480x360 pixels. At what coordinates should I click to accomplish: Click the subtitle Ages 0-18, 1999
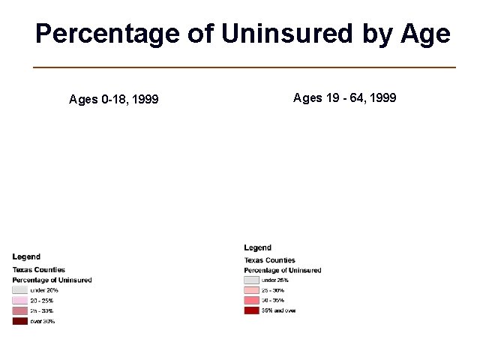click(x=113, y=99)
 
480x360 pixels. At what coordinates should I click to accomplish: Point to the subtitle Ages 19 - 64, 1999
click(x=344, y=97)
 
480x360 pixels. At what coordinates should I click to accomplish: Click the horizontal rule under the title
click(x=244, y=67)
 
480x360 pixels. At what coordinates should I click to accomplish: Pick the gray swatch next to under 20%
click(x=19, y=289)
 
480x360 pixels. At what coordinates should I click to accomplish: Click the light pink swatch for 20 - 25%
click(x=19, y=300)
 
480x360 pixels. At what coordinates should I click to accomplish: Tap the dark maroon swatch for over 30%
click(x=19, y=321)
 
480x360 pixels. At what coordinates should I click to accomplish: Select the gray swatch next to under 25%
click(x=251, y=280)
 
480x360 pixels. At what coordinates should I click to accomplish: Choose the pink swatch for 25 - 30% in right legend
click(x=251, y=289)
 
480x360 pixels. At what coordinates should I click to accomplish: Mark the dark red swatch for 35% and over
click(x=251, y=310)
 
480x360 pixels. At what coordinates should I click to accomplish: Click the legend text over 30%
click(x=42, y=321)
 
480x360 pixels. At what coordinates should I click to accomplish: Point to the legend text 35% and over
click(x=278, y=310)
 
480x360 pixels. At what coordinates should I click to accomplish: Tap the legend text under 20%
click(x=44, y=289)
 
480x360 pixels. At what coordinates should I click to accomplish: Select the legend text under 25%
click(x=275, y=280)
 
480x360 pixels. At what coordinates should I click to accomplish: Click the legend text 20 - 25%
click(x=42, y=300)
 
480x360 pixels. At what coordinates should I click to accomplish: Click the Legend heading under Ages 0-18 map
click(x=26, y=257)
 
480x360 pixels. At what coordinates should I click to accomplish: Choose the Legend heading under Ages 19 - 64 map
click(x=257, y=247)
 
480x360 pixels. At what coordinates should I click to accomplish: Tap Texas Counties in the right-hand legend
click(x=270, y=260)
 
